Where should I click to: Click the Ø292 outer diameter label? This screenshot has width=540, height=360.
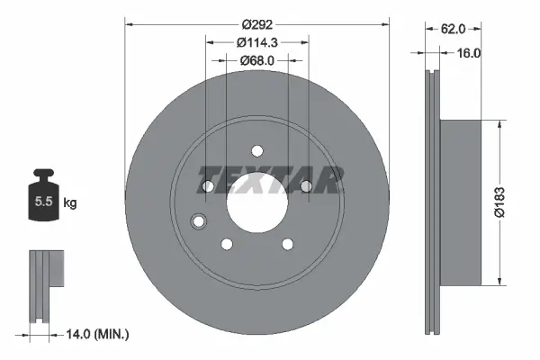click(256, 24)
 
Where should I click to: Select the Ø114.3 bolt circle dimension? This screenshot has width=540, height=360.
click(256, 42)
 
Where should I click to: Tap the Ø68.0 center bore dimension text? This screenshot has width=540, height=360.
click(256, 60)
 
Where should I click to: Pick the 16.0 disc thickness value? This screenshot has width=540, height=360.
click(470, 53)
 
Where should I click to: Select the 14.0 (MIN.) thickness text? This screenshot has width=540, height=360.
click(98, 334)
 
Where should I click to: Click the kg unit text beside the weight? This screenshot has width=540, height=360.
click(70, 203)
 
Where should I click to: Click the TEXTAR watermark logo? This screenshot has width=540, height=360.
click(269, 180)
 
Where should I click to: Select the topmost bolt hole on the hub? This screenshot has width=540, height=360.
click(256, 150)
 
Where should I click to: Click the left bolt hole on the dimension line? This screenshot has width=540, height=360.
click(208, 186)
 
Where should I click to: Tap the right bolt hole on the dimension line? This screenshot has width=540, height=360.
click(305, 186)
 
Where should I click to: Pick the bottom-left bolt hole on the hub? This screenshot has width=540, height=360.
click(227, 243)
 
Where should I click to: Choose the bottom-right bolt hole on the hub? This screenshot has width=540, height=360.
click(286, 243)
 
